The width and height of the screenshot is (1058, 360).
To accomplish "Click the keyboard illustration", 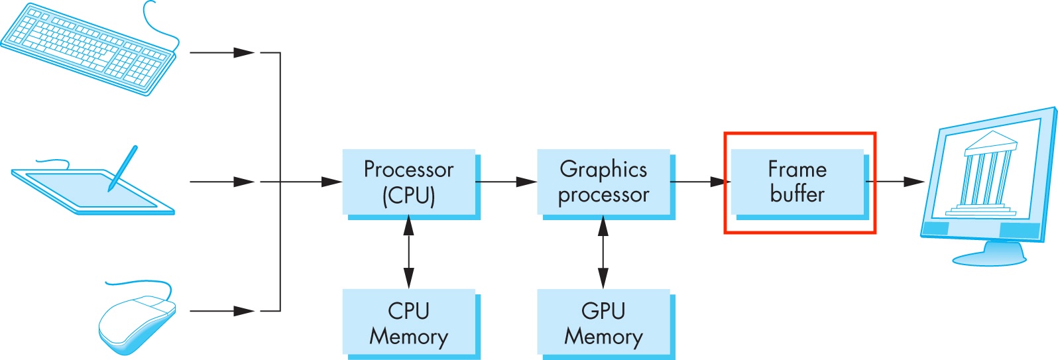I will tap(89, 48).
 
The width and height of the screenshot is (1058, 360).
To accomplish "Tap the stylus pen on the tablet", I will tap(123, 168).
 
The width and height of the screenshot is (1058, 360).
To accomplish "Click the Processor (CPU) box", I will tap(409, 182).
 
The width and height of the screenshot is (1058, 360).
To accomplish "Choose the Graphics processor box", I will tap(603, 182).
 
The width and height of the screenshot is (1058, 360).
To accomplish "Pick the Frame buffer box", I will tap(797, 182).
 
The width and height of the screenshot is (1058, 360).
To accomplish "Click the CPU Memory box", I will tap(409, 323).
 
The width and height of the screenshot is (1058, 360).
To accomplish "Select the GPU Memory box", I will tap(603, 323).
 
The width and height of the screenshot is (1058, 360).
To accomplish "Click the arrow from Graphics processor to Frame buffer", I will tap(700, 181).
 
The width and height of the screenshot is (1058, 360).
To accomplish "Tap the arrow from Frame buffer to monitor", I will tap(895, 181).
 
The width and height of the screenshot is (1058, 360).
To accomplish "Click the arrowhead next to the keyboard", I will tap(244, 52).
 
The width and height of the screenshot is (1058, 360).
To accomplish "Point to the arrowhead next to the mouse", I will tap(244, 310).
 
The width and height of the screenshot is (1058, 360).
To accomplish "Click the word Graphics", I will tap(603, 170).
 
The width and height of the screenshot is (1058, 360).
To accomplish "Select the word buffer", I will tap(797, 194).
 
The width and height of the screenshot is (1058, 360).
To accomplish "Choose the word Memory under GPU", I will tap(603, 337).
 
